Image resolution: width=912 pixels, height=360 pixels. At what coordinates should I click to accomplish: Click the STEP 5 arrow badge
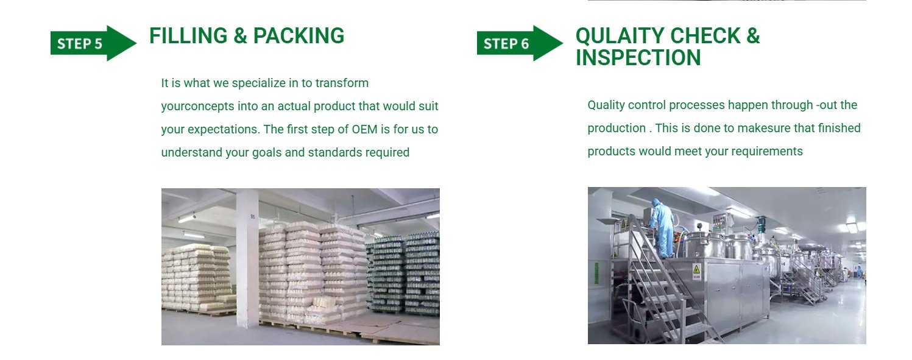pyautogui.click(x=93, y=43)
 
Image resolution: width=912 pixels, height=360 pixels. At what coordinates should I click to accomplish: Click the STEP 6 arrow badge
pyautogui.click(x=520, y=43)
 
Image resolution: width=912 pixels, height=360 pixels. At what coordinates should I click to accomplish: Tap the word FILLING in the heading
pyautogui.click(x=188, y=36)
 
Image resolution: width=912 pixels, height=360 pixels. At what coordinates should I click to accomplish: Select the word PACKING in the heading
pyautogui.click(x=299, y=36)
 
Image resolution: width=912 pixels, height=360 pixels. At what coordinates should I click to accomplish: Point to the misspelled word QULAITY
pyautogui.click(x=620, y=36)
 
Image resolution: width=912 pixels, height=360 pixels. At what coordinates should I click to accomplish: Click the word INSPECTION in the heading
pyautogui.click(x=638, y=58)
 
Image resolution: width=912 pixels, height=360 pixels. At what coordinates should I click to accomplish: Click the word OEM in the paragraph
pyautogui.click(x=364, y=130)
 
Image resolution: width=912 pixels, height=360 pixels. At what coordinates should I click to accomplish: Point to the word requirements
pyautogui.click(x=767, y=152)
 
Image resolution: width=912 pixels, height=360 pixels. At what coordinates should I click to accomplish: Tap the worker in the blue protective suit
pyautogui.click(x=662, y=228)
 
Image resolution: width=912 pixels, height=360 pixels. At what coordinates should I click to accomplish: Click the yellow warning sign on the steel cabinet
pyautogui.click(x=696, y=270)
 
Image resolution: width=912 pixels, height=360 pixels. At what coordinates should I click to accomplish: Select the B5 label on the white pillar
pyautogui.click(x=253, y=217)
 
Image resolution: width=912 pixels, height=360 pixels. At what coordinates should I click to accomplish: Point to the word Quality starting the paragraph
pyautogui.click(x=606, y=105)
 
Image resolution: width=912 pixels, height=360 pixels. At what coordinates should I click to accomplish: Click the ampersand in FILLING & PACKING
pyautogui.click(x=240, y=36)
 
